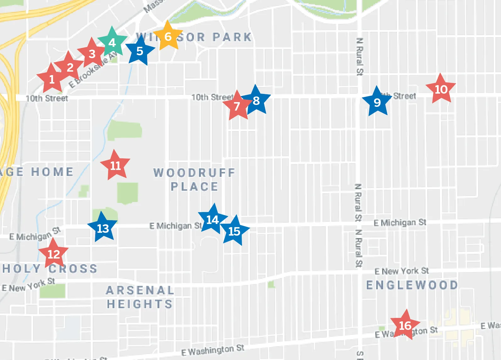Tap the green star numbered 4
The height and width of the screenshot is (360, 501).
coord(112,42)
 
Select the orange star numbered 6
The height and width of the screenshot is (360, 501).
coord(168,36)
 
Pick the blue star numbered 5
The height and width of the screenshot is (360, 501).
coord(140,51)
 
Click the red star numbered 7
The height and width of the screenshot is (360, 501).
coord(237,106)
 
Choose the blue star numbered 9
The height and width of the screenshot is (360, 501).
coord(377,102)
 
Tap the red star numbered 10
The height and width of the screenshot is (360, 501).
coord(441,89)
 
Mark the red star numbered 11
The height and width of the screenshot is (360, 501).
coord(115,166)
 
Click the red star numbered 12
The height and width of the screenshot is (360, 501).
coord(53,254)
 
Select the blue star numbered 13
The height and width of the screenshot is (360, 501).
coord(102,228)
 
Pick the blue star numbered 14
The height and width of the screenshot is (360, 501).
coord(212,220)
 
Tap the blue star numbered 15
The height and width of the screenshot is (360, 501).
coord(234,231)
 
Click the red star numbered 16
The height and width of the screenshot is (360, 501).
coord(405,325)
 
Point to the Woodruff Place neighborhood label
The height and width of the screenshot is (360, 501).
coord(194,179)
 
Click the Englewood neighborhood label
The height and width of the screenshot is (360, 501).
coord(412,285)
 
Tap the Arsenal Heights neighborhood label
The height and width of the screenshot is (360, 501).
coord(140,297)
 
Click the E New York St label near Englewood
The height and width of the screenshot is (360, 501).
coord(402,271)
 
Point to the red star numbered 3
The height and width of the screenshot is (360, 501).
coord(92,54)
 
